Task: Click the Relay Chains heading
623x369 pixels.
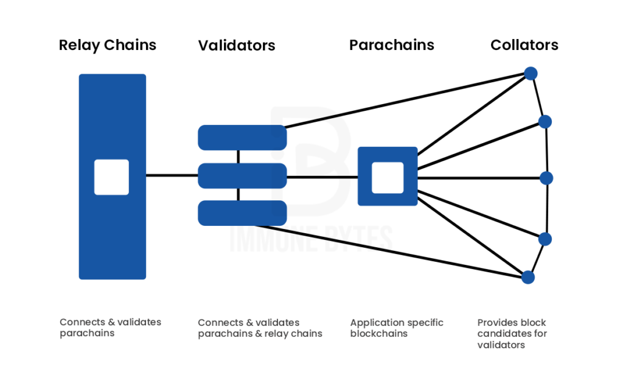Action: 108,45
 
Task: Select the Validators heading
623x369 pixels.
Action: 237,46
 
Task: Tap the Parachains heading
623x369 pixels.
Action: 392,45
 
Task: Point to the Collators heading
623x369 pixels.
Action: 524,45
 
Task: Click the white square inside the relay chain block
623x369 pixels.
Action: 111,177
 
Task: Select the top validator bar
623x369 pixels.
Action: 242,138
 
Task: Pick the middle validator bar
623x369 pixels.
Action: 242,176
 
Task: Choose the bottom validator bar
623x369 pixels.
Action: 242,213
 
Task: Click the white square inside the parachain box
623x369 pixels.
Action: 388,177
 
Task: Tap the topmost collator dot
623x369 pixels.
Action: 531,74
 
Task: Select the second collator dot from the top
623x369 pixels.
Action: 545,122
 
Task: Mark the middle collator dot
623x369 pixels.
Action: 546,178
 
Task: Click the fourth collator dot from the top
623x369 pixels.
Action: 545,239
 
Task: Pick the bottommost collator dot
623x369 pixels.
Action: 528,277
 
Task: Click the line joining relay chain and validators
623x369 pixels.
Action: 172,176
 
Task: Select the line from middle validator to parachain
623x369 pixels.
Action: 322,177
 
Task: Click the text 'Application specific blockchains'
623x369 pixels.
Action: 397,328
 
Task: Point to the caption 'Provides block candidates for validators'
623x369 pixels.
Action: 512,334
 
